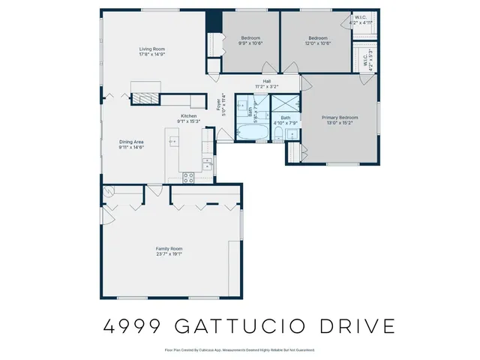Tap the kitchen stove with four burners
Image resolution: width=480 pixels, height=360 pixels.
pyautogui.click(x=188, y=178)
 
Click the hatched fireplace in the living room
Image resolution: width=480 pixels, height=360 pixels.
pyautogui.click(x=143, y=97)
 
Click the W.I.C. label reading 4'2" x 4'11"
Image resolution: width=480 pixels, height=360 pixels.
pyautogui.click(x=361, y=21)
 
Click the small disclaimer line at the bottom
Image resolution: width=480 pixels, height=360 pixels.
pyautogui.click(x=239, y=350)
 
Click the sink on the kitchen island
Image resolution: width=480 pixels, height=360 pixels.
pyautogui.click(x=174, y=140)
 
